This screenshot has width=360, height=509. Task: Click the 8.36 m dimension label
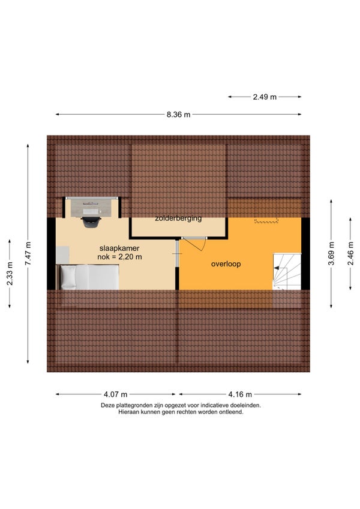(179, 115)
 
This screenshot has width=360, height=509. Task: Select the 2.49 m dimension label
(265, 97)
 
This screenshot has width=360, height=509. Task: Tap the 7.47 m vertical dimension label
(28, 253)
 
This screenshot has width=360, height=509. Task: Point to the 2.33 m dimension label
(10, 273)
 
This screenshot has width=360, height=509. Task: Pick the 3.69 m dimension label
(331, 253)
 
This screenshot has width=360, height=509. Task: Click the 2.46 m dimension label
(350, 253)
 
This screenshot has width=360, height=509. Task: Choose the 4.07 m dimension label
(116, 394)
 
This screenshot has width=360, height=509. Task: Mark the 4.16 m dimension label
(240, 394)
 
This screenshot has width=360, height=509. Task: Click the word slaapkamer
(119, 248)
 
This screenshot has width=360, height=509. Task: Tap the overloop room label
(226, 264)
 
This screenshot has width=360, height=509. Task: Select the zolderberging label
(178, 218)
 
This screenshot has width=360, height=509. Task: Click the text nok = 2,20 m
(119, 257)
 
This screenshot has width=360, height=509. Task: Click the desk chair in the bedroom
(91, 222)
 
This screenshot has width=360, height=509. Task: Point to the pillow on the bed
(68, 277)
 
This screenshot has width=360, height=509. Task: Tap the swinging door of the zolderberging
(194, 244)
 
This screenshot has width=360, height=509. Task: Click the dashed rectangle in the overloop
(266, 220)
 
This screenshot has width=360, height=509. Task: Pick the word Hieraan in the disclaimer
(128, 412)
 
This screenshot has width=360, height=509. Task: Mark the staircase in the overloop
(287, 271)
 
